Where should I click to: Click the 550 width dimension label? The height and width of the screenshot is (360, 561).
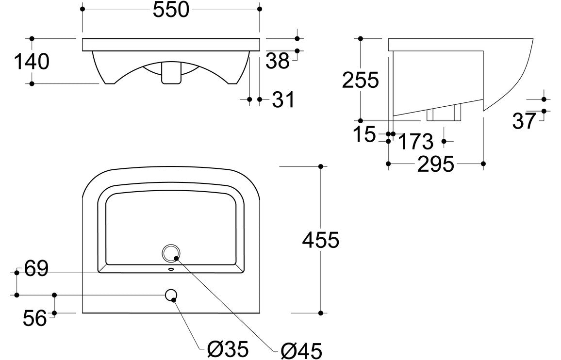[171, 10]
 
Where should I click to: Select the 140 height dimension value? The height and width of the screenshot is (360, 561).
[32, 62]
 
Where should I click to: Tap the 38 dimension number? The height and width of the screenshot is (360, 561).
[278, 61]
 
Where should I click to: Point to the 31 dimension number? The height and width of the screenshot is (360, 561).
[283, 100]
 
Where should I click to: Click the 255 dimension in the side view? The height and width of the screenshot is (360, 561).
[360, 80]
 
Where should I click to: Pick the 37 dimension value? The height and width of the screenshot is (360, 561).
[524, 121]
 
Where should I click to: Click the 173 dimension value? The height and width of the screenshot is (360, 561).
[415, 142]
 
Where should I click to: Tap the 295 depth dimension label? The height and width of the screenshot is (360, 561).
[435, 164]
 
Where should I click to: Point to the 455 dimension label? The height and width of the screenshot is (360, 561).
[320, 240]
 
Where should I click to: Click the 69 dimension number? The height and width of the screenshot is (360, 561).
[36, 269]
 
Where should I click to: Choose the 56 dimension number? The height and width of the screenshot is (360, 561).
[35, 318]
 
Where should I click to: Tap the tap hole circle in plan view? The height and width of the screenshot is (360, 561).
[171, 295]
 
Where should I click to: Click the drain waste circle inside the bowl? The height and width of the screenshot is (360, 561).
[171, 253]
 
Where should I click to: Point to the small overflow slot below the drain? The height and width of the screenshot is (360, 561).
[171, 268]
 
